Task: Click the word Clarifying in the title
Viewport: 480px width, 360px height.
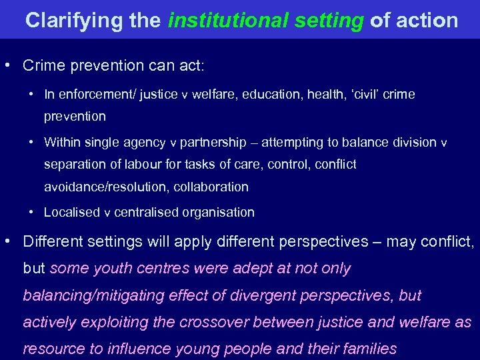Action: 69,21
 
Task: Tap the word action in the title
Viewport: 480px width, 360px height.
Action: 427,21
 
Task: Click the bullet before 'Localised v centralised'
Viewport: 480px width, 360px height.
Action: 32,213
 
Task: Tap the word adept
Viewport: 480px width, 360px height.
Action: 253,269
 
